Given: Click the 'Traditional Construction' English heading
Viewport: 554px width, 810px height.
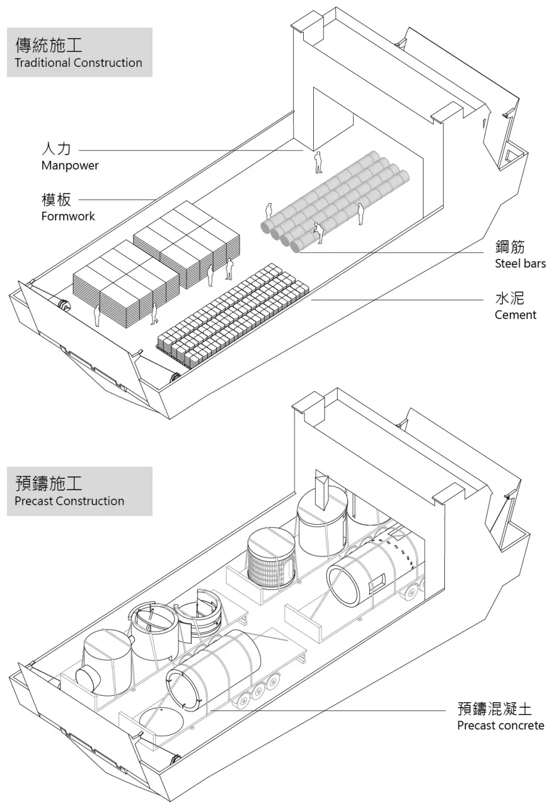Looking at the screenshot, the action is [x=78, y=62].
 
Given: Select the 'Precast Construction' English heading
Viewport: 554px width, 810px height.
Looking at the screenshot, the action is [x=69, y=501].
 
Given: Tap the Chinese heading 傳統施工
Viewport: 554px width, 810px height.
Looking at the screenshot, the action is [x=49, y=45].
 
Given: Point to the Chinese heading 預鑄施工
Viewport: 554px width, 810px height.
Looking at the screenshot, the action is [x=49, y=483].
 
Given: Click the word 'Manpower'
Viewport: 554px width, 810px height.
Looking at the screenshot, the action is [x=70, y=165].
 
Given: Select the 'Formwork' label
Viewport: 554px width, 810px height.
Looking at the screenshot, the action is [x=68, y=216].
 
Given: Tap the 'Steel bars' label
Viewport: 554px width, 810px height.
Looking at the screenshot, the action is [x=521, y=263].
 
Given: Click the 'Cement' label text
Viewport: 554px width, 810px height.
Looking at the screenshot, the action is [x=516, y=315].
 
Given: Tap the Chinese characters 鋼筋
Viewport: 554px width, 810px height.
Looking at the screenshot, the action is [x=510, y=247].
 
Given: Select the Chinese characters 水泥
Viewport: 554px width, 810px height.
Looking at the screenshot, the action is [x=509, y=298].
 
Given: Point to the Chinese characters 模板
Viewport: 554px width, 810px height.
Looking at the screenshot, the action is [x=56, y=199].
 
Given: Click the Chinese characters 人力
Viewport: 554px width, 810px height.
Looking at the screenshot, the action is [x=56, y=149].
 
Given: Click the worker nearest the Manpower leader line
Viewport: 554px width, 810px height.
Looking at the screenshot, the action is [x=318, y=163].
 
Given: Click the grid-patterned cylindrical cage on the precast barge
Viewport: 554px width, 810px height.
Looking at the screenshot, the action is [x=271, y=558].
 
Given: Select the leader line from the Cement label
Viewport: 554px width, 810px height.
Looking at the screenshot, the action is [x=397, y=300].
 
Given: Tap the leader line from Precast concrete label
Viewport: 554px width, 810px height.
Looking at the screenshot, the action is [x=328, y=710].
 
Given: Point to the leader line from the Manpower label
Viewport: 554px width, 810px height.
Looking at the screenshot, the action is [x=191, y=150].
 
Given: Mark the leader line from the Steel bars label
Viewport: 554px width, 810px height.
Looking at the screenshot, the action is [x=391, y=252].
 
